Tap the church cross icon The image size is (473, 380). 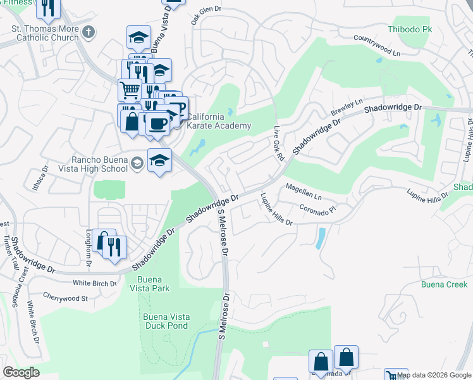click(x=90, y=30)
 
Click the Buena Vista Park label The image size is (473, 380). click(x=152, y=284)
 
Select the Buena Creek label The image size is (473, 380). click(x=445, y=284)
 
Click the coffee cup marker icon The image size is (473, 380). click(x=157, y=122)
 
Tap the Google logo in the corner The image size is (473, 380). click(x=21, y=372)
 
